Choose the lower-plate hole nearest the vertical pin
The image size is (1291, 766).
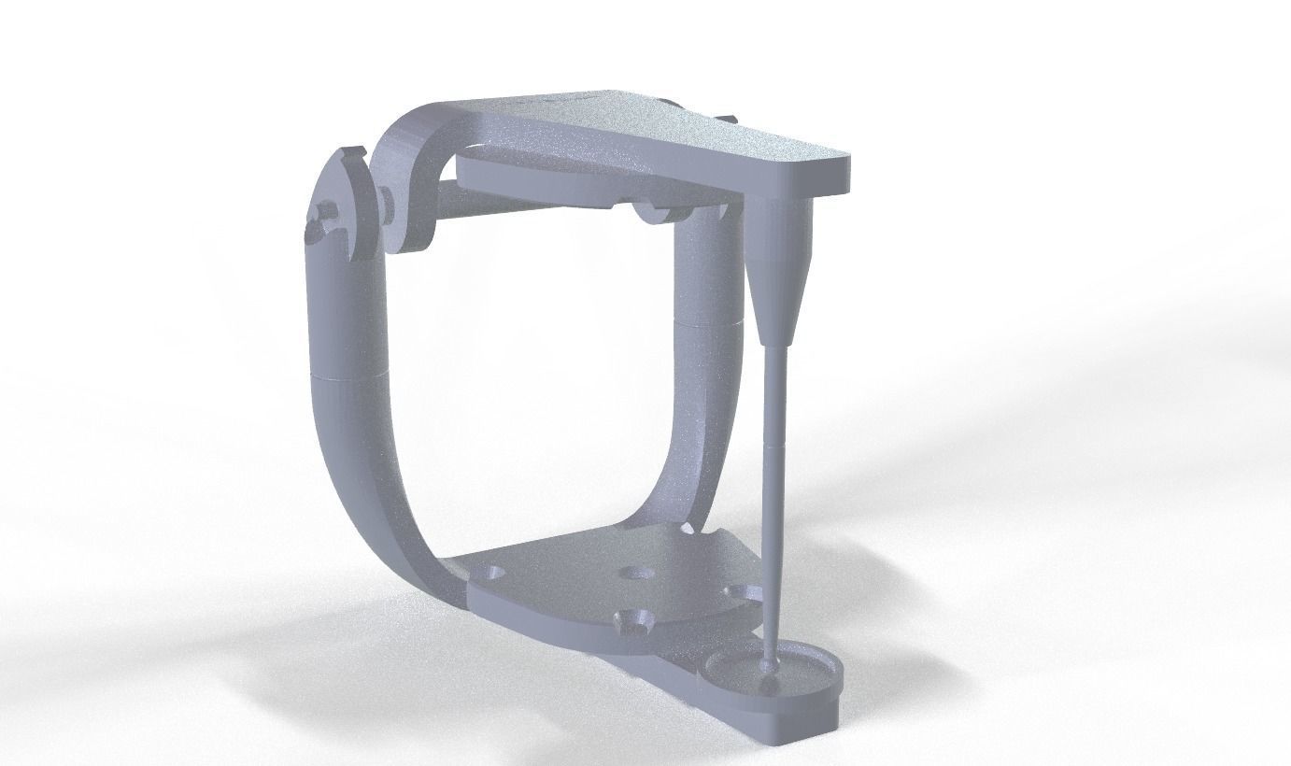[x=738, y=590]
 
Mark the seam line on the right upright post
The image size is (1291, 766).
[x=707, y=319]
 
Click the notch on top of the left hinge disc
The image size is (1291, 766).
[x=349, y=152]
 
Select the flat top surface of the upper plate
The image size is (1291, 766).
[x=654, y=131]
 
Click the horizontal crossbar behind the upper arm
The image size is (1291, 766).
[x=523, y=200]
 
